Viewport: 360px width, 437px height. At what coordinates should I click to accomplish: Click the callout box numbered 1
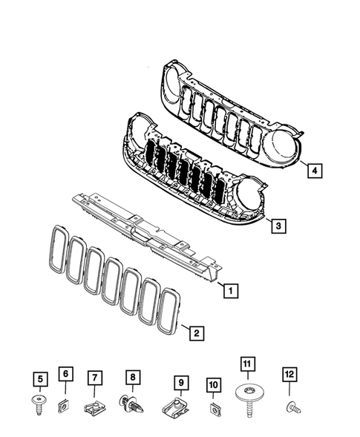click(232, 291)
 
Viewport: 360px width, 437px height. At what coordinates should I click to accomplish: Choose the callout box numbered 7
click(95, 378)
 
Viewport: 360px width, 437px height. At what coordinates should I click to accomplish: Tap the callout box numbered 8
click(131, 378)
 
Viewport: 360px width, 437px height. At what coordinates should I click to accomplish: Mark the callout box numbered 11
click(247, 364)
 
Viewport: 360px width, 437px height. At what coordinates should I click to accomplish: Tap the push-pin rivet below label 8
click(132, 405)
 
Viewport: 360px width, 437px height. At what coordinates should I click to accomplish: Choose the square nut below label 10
click(214, 407)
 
